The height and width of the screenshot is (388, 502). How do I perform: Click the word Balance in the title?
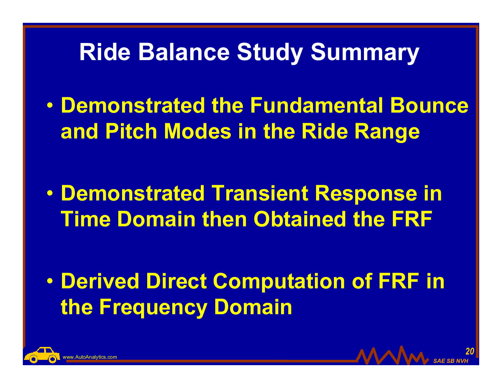(x=184, y=52)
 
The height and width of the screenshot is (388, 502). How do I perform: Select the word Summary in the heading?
(x=365, y=53)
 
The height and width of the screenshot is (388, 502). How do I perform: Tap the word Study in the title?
(x=270, y=53)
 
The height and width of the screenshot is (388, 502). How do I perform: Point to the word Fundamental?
(x=316, y=105)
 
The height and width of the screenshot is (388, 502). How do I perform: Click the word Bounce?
(x=429, y=105)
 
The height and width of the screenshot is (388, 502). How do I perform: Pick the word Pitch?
(x=131, y=131)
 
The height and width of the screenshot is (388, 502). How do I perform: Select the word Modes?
(x=198, y=131)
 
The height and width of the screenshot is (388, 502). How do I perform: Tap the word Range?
(x=387, y=133)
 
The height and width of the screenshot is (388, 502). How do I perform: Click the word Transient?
(x=259, y=193)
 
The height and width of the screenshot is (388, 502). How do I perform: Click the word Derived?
(x=100, y=281)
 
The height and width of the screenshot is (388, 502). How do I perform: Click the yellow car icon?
(x=42, y=355)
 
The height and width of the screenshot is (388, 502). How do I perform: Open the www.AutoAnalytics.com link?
(x=90, y=357)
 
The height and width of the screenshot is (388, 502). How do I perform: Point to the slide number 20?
(x=470, y=351)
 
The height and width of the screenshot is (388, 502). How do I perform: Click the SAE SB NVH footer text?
(x=451, y=361)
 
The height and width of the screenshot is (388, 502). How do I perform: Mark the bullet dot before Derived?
(x=50, y=281)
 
